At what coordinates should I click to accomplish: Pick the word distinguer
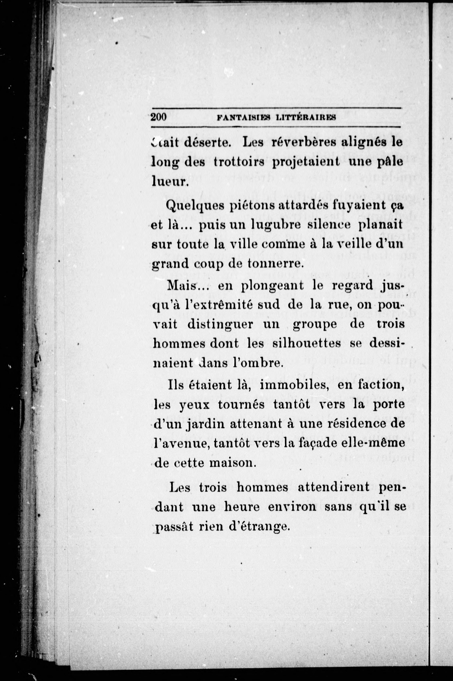click(x=220, y=324)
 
